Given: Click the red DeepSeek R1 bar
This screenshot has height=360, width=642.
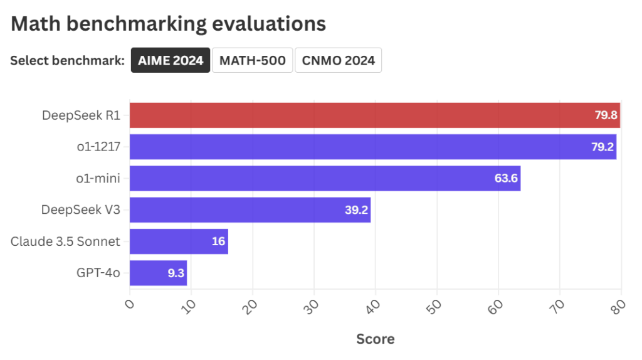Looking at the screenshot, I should [374, 115].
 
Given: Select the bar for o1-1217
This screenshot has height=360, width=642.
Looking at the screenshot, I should [372, 147].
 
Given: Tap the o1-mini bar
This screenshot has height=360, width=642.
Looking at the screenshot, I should [325, 178].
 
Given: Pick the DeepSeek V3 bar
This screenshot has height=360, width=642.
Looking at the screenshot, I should [250, 210].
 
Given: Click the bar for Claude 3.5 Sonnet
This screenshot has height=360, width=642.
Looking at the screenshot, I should [178, 241].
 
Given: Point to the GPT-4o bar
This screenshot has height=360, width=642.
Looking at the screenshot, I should [158, 273].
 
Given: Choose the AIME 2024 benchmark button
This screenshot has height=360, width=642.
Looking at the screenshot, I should [171, 60].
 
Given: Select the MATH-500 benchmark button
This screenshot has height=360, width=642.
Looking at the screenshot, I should [253, 60].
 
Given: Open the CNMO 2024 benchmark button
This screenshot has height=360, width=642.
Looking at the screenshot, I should [338, 60].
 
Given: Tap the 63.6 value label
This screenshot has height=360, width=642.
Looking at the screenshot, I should [505, 179].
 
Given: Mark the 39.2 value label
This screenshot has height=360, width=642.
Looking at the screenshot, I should [355, 210].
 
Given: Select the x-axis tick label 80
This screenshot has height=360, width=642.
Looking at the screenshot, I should [618, 305].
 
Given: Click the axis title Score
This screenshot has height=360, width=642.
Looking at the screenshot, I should [375, 339].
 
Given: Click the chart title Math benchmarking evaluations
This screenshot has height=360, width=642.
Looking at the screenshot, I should [168, 24].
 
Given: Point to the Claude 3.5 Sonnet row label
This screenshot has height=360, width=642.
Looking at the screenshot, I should [65, 241].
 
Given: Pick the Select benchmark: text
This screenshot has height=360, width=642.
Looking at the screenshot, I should [67, 61].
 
